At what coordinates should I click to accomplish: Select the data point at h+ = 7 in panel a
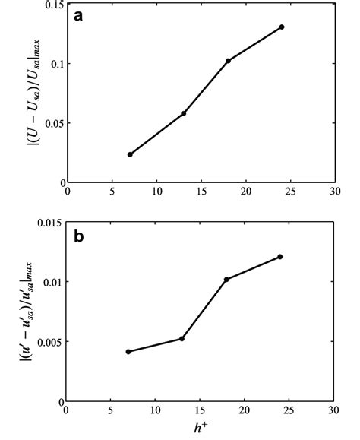130,154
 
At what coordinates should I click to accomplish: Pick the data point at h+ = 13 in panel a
184,113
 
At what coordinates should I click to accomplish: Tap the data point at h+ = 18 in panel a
228,61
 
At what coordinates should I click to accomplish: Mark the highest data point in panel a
282,27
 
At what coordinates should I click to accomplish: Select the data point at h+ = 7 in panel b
128,352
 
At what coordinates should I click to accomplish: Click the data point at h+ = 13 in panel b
182,339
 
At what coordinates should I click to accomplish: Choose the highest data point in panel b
280,257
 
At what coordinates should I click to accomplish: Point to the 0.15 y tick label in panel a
51,5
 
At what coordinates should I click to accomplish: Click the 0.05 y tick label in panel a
51,123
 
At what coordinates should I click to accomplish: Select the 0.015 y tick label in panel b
48,223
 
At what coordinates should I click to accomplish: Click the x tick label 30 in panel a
334,192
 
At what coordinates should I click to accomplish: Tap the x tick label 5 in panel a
112,192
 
